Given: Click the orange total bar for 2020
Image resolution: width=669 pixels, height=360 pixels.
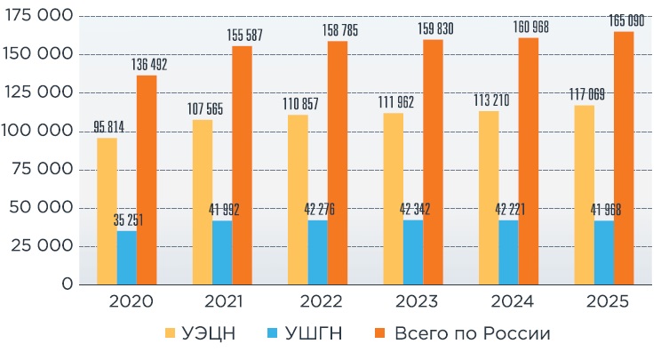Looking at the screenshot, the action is click(147, 180).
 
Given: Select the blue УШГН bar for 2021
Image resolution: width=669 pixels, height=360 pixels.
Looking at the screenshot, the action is click(222, 252).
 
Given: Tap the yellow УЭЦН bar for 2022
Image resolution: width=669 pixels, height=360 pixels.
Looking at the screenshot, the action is click(298, 199).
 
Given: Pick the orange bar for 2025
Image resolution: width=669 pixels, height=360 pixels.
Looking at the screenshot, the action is click(624, 158).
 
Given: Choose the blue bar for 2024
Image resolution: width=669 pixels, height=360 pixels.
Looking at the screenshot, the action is click(508, 252).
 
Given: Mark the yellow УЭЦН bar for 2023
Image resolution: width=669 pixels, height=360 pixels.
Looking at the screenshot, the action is click(394, 198).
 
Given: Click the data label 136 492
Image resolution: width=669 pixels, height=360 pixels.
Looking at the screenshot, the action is click(149, 65).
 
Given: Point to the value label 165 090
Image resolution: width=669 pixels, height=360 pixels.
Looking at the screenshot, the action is click(626, 20).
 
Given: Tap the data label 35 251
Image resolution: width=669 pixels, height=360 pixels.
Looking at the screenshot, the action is click(128, 220).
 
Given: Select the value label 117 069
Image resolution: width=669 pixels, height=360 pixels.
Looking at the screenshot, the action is click(587, 94).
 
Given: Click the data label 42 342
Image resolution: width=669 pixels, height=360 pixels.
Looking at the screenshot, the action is click(415, 209).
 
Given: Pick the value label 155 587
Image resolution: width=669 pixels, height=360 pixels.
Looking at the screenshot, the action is click(244, 36).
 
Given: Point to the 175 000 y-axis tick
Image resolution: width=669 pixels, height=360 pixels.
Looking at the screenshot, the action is click(38, 15).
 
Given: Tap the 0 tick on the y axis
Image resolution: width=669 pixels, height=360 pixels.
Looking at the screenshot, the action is click(68, 284).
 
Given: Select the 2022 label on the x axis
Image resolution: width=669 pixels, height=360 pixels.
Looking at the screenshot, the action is click(321, 301).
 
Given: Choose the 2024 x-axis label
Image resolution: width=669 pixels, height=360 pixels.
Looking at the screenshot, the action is click(512, 301).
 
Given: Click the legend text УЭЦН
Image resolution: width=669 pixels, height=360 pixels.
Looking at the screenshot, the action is click(209, 333).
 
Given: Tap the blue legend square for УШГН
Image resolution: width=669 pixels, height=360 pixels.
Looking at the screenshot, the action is click(272, 333).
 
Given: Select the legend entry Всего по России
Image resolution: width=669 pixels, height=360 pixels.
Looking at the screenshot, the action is click(473, 333).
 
